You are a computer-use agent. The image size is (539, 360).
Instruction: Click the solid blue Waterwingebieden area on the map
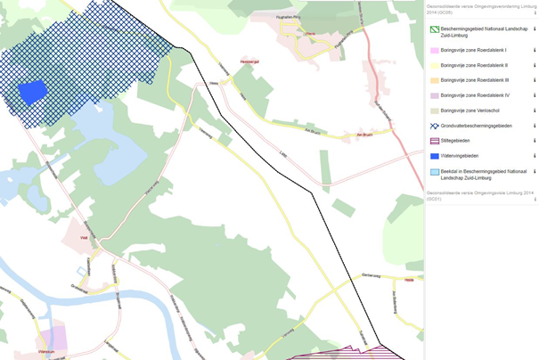(32, 93)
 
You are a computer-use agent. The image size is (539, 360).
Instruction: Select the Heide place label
(409, 280)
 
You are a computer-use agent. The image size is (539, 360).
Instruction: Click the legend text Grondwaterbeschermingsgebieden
(477, 126)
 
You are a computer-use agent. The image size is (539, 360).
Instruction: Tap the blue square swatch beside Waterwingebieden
(434, 156)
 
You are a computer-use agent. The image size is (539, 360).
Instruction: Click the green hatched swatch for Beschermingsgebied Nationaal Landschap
(434, 29)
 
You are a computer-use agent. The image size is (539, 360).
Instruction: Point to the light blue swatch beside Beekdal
(434, 171)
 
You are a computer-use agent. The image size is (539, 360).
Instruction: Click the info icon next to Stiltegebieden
(535, 141)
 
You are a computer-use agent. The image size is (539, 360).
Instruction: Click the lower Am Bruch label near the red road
(363, 135)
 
